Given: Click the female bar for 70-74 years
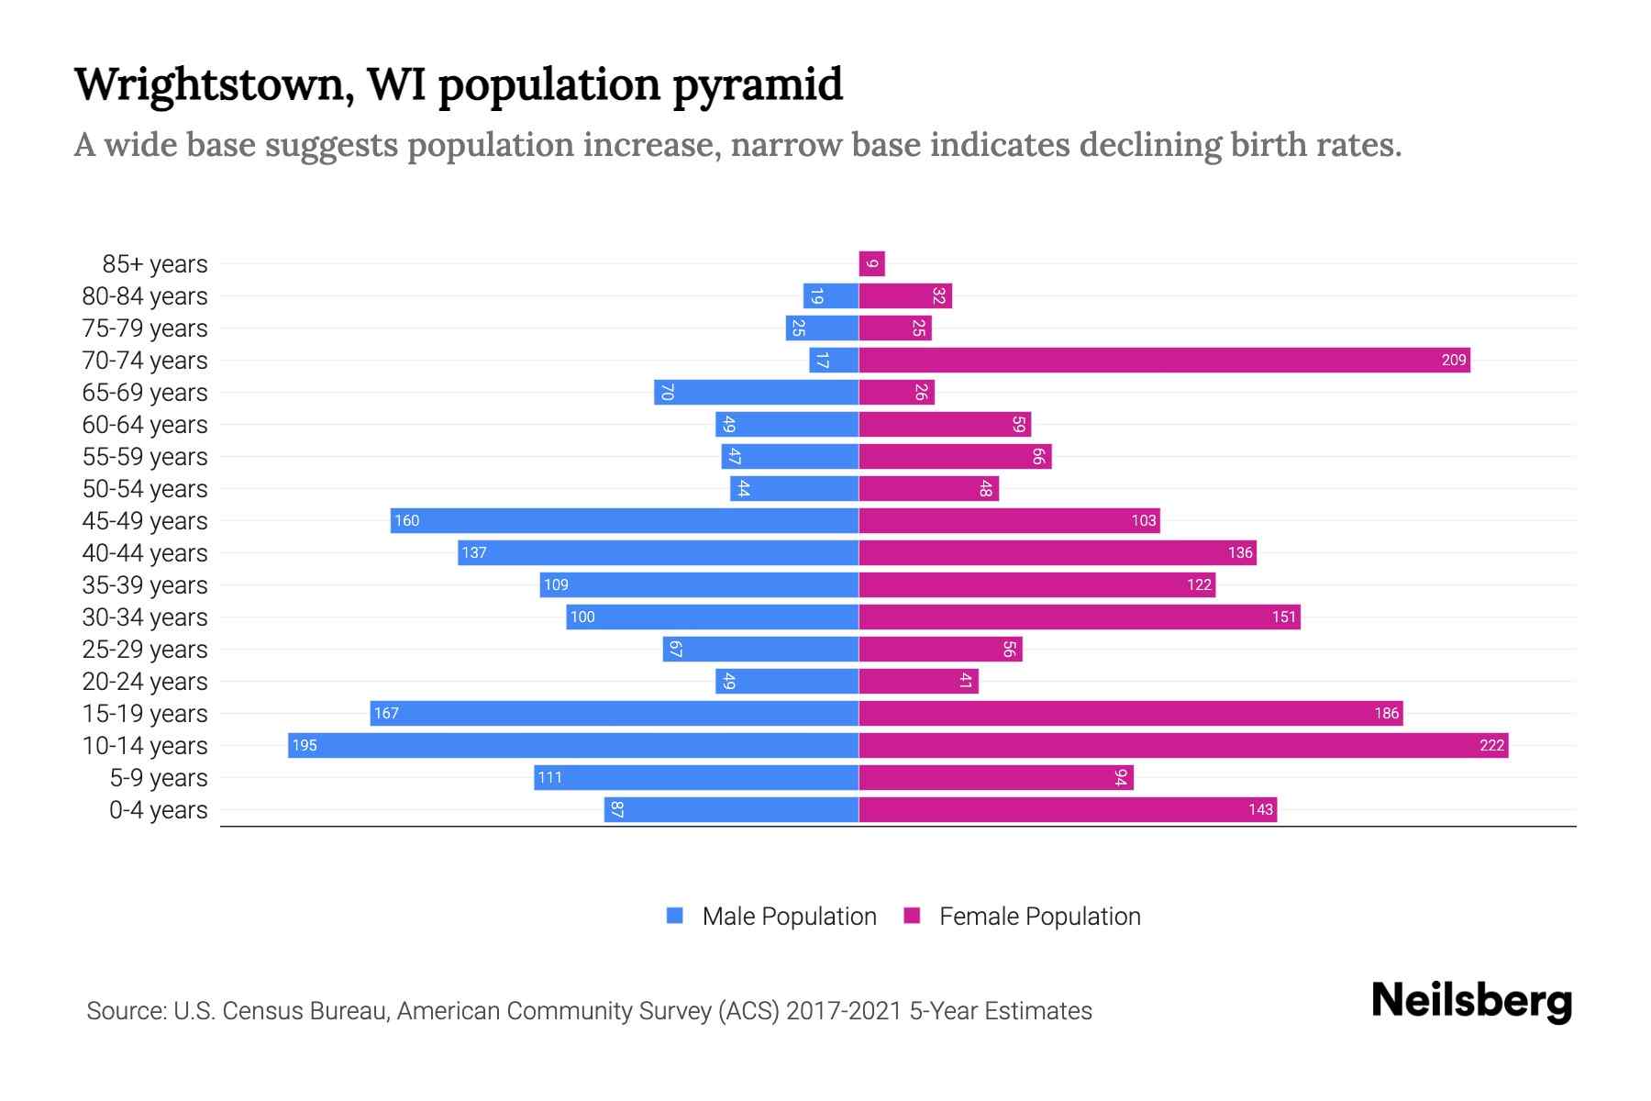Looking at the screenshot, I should (1164, 361).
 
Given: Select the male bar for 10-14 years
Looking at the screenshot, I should (573, 745).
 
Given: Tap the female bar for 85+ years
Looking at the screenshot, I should (871, 264).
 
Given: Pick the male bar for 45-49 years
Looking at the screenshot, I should (624, 521).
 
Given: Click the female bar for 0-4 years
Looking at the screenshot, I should (1068, 809).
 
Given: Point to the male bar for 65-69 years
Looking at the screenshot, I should (757, 393).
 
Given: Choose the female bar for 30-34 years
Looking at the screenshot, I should (1080, 617).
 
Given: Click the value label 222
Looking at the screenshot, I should (1491, 745).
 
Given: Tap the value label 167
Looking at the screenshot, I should (386, 714).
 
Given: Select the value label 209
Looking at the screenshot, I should (1453, 361).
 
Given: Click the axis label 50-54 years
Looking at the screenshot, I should (145, 489).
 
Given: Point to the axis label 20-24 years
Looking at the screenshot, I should (145, 682).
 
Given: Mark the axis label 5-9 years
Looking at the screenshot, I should (159, 778).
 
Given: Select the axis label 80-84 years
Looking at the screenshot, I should (145, 296).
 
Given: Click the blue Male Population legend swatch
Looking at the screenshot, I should (675, 916).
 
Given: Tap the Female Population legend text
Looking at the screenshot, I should (1039, 917).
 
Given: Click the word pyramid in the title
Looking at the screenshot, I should (757, 86).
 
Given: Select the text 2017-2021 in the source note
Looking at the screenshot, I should (844, 1011).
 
